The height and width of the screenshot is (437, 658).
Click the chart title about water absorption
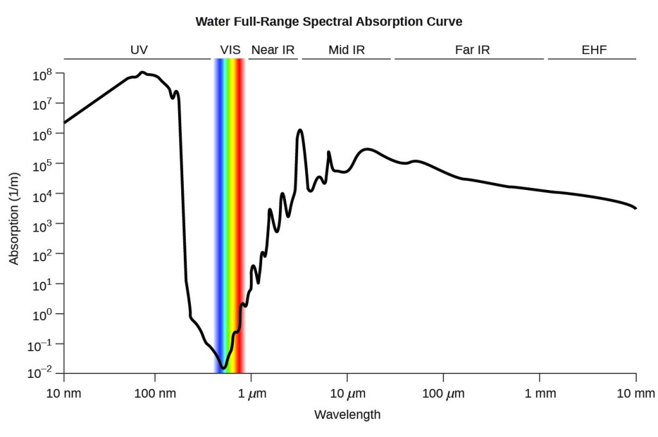[x=329, y=21]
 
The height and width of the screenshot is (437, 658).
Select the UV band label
[x=139, y=49]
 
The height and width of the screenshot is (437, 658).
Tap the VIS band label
[x=230, y=49]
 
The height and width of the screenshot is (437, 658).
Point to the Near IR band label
[x=272, y=49]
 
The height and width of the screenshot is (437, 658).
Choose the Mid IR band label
[x=346, y=49]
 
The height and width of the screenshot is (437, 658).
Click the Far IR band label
[x=472, y=49]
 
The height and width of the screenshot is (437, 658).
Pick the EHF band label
[x=594, y=49]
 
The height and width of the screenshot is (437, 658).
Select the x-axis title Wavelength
[x=347, y=415]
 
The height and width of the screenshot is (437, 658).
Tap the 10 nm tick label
[x=64, y=393]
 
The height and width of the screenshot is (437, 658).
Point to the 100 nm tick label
[x=154, y=393]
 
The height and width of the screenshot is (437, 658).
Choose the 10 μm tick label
[x=347, y=393]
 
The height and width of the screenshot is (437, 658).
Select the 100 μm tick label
[x=443, y=393]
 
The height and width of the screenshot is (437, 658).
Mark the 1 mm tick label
[x=540, y=393]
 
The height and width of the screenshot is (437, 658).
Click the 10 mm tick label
[x=636, y=393]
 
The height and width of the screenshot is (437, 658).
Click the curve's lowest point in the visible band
[x=224, y=368]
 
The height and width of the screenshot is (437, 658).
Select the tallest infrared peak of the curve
[x=299, y=130]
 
